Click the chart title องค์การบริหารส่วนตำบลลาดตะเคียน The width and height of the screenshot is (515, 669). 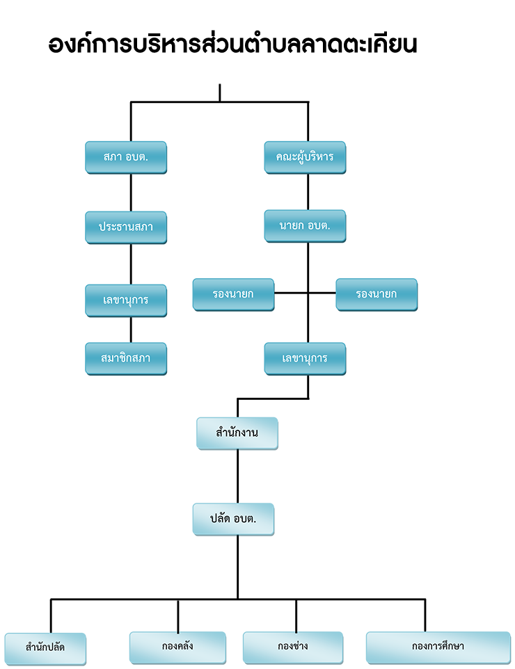[x=232, y=44]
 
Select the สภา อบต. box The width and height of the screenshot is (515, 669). [x=126, y=157]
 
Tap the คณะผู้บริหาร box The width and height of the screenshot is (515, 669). [x=305, y=157]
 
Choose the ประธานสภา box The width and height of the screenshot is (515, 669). [x=126, y=227]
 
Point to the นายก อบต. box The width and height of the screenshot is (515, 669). [x=305, y=226]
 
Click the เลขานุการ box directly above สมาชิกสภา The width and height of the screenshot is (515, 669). [x=126, y=300]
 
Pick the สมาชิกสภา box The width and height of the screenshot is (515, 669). [x=126, y=358]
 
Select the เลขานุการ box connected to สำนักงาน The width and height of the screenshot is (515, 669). [x=305, y=358]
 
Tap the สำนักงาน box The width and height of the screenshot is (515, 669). [x=237, y=433]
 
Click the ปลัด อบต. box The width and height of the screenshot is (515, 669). [x=233, y=519]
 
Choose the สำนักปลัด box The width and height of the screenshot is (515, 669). [x=45, y=649]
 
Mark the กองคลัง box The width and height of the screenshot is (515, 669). [x=177, y=647]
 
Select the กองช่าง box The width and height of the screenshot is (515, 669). [x=293, y=647]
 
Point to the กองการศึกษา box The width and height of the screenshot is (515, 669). [x=438, y=647]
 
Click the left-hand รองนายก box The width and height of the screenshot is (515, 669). [x=233, y=294]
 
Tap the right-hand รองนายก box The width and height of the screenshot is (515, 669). [x=377, y=294]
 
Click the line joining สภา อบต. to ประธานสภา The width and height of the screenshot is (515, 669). [x=131, y=193]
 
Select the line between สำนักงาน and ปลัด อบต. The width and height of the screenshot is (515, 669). [x=237, y=476]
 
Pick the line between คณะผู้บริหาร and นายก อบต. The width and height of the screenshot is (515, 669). [x=308, y=192]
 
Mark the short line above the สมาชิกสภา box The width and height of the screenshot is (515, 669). [x=131, y=330]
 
